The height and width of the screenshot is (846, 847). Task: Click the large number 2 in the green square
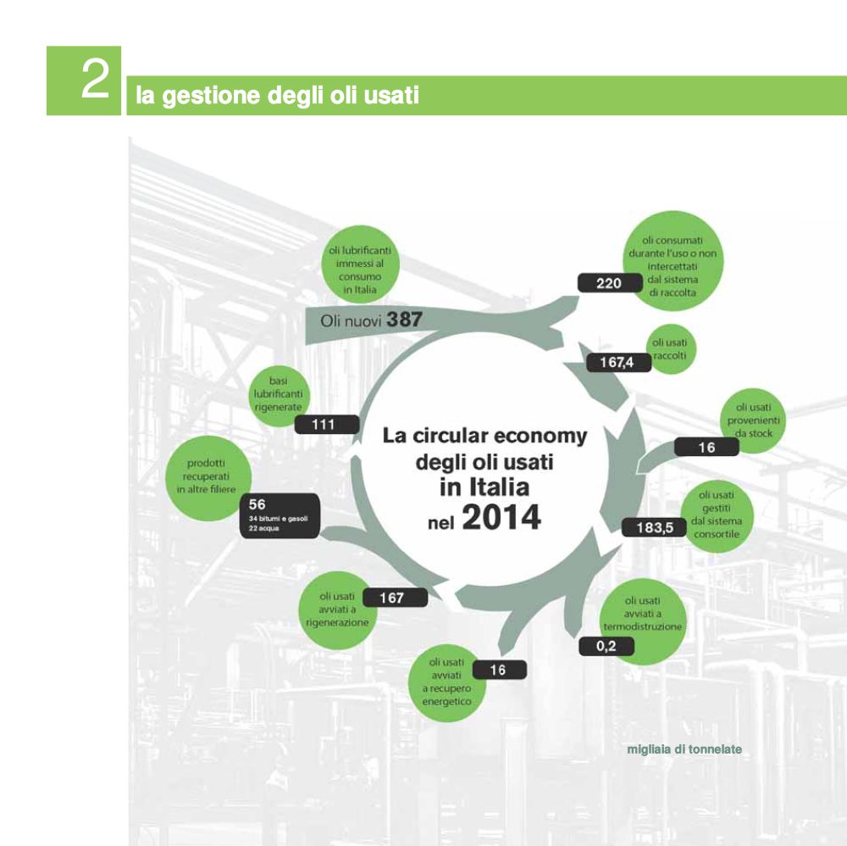pos(95,80)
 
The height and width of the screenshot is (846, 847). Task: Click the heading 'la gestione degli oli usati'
pos(277,95)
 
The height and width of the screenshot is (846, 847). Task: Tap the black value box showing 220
pos(610,283)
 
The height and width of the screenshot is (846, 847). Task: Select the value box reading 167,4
pos(618,362)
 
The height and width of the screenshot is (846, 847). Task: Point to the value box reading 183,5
pos(654,527)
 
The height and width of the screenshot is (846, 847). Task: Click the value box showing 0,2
pos(606,646)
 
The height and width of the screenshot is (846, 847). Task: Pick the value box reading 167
pos(395,598)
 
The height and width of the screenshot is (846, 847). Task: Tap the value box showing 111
pos(326,425)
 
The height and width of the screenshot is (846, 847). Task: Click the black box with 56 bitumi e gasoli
pos(280,515)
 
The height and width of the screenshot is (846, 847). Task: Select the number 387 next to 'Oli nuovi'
pos(405,319)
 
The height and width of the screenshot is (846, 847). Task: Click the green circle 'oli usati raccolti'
pos(670,348)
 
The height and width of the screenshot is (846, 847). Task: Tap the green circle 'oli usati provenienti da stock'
pos(752,420)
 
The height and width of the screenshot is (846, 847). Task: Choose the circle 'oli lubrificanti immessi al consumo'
pos(360,264)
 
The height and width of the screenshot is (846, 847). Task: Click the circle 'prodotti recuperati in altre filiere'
pos(208,477)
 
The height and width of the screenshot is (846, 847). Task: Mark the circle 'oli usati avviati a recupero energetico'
pos(446,682)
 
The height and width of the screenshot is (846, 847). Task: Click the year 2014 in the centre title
pos(501,517)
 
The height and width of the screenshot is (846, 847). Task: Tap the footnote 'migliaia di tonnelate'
pos(684,749)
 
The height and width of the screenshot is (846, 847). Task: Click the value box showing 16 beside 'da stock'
pos(706,447)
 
